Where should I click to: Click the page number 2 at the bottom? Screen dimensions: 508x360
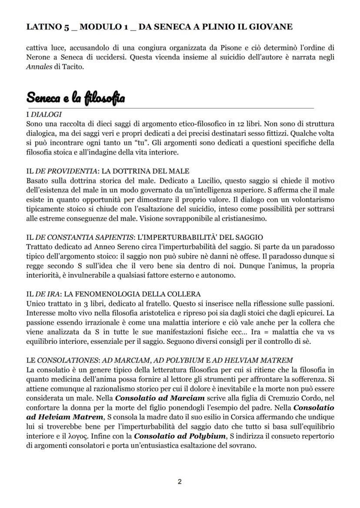coord(180,481)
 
